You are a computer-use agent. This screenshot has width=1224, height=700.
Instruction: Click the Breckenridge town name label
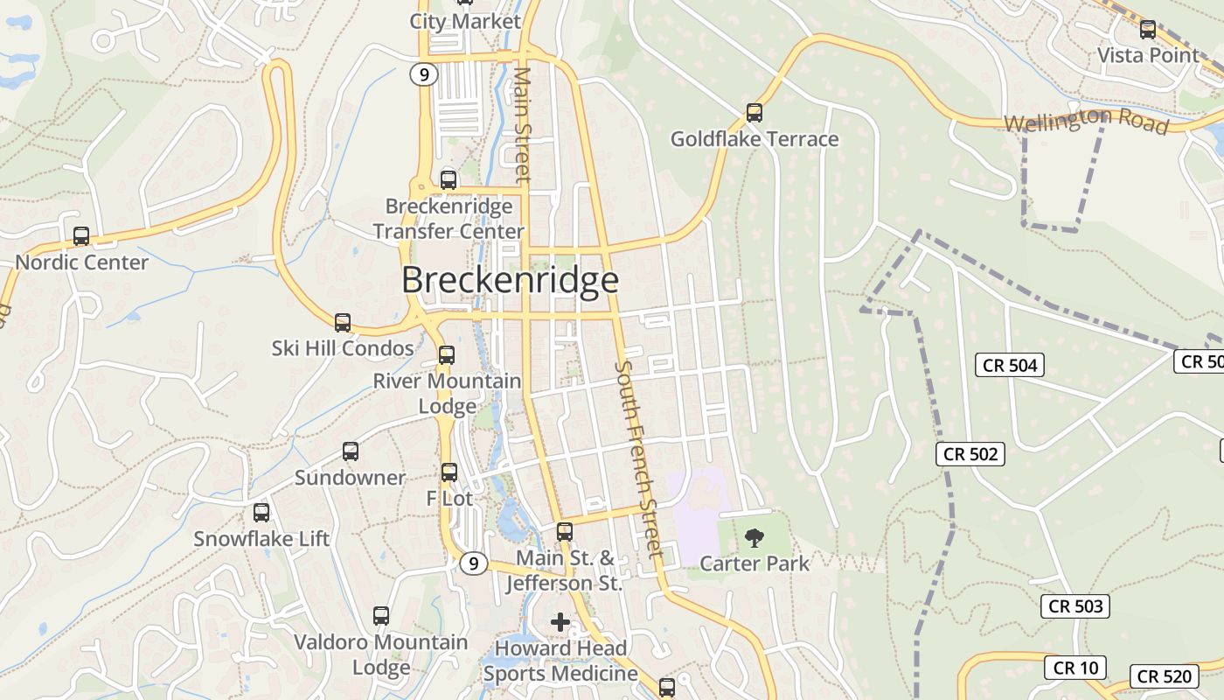tap(510, 280)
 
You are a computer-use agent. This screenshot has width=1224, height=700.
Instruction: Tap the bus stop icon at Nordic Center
tap(81, 236)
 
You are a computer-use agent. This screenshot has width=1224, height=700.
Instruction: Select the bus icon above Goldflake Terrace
tap(754, 113)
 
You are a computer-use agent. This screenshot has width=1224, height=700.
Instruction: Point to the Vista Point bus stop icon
tap(1147, 30)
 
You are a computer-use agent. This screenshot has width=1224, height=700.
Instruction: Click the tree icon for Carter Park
tap(754, 537)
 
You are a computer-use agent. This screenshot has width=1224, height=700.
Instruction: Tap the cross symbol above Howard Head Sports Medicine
tap(560, 622)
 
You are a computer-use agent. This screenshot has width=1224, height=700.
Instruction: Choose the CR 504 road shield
tap(1010, 365)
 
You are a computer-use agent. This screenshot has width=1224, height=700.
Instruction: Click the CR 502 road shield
tap(970, 454)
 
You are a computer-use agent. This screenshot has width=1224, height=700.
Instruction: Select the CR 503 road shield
tap(1075, 606)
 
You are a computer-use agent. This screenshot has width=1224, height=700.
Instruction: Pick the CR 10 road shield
tap(1075, 668)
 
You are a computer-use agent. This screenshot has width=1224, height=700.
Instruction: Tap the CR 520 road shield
tap(1165, 676)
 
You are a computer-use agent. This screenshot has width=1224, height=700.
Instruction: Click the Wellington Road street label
tap(1086, 121)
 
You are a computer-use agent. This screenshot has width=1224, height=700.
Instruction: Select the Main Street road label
tap(523, 124)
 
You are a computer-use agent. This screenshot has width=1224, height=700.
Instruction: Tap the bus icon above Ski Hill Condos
tap(343, 322)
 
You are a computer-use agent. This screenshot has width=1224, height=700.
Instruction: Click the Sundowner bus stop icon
tap(351, 451)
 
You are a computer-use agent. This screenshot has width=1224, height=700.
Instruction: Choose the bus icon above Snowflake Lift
tap(261, 513)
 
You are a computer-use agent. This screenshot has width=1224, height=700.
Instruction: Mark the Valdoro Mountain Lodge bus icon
tap(381, 616)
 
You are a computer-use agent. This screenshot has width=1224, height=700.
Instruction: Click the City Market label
tap(465, 21)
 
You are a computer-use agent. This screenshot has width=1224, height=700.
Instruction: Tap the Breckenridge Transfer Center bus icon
tap(449, 180)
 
